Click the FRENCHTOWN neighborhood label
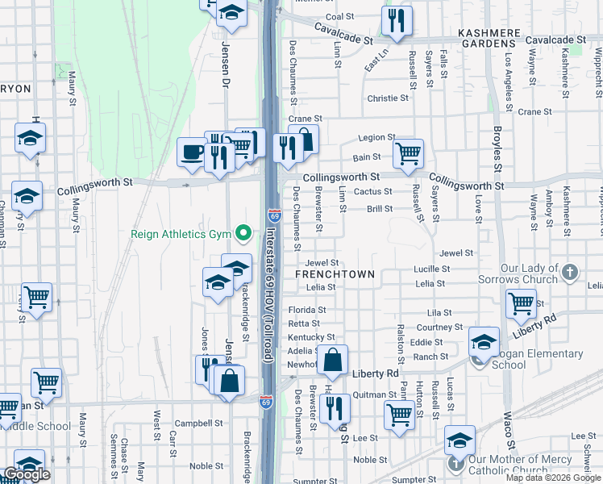coord(335,274)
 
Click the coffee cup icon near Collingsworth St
coord(192,152)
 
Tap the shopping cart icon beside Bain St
coord(409,152)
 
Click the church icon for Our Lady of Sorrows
coord(571,270)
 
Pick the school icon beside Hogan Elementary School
coord(484,341)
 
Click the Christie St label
coord(388,98)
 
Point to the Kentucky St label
coord(311,337)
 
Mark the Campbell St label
coord(199,423)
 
